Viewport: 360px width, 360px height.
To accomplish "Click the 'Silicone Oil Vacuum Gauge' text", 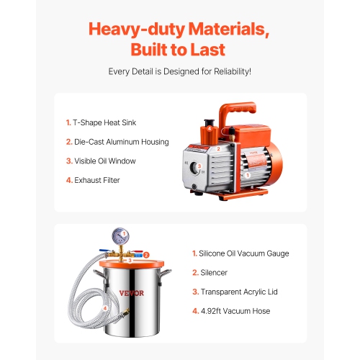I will tap(244, 253).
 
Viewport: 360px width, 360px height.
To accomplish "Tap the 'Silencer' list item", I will tap(215, 273).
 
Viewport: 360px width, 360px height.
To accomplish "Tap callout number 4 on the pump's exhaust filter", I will tap(210, 129).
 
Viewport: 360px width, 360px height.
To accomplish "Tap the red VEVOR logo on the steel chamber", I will tap(132, 293).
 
